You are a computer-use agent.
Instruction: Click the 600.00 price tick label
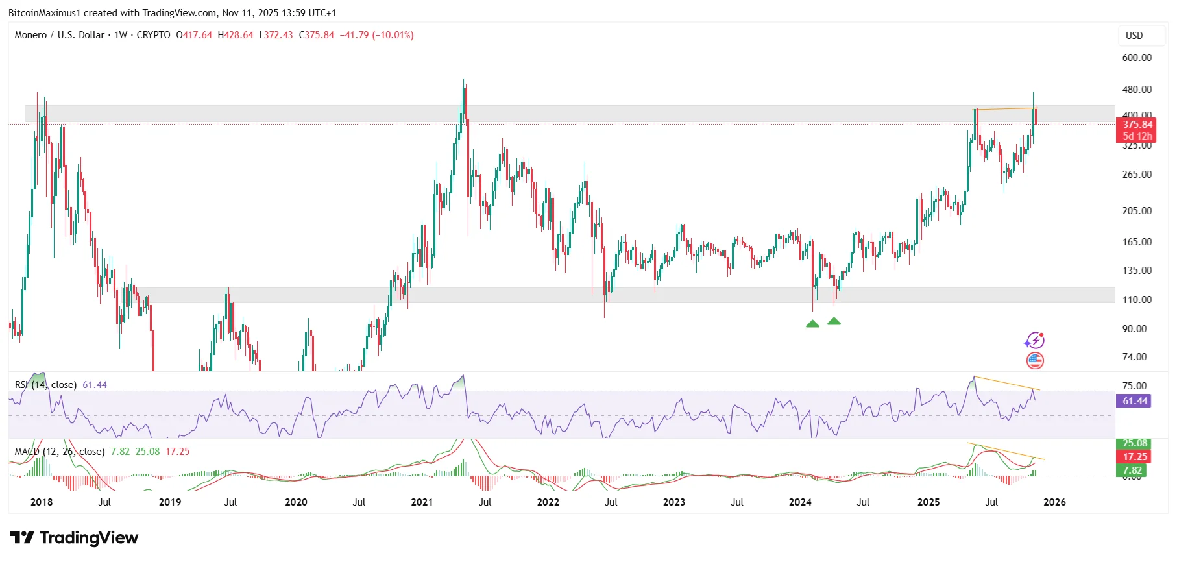[1137, 58]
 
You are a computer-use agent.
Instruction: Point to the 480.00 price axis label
[1137, 90]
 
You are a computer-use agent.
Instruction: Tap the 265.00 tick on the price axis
[1137, 175]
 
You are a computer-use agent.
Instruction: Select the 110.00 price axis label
[1137, 300]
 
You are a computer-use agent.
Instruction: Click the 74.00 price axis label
[1134, 357]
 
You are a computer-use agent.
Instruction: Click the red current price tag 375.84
[1137, 125]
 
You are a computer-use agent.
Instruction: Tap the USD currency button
[1134, 36]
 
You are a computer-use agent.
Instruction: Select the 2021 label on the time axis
[422, 502]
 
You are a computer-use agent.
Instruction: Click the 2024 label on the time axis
[800, 502]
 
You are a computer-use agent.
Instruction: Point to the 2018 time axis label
[42, 502]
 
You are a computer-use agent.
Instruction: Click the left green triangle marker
[812, 324]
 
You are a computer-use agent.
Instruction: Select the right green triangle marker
[834, 321]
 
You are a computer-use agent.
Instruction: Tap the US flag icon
[1035, 361]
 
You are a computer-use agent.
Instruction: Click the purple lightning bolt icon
[1034, 341]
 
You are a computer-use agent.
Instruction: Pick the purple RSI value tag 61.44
[1135, 401]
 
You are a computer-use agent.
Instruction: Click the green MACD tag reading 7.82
[1132, 470]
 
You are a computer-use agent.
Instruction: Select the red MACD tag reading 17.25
[1135, 457]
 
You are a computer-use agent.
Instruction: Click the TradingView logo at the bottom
[75, 538]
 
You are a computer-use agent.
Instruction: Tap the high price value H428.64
[236, 35]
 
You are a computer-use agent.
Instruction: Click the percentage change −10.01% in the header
[393, 35]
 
